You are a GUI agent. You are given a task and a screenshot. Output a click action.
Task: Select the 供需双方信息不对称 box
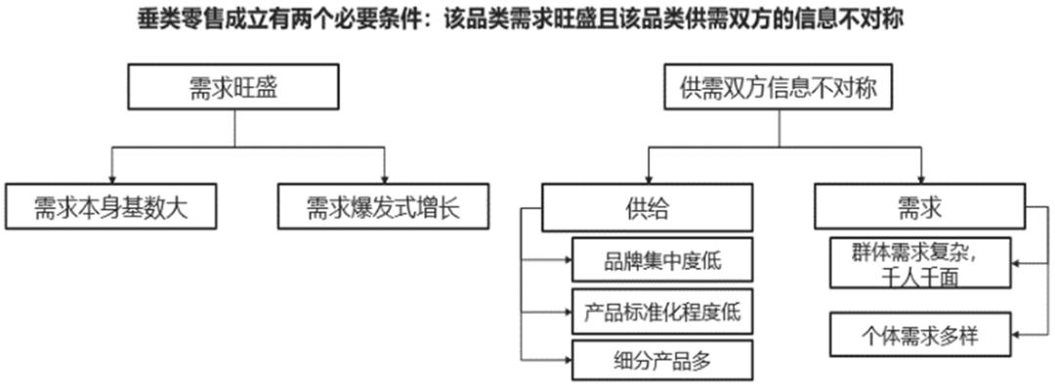click(x=779, y=89)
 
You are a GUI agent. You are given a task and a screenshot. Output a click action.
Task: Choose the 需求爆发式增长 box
click(x=382, y=206)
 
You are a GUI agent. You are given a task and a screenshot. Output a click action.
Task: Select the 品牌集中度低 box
click(x=662, y=261)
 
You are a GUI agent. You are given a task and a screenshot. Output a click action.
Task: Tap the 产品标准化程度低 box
click(x=662, y=313)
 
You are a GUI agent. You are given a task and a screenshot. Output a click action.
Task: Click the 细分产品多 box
click(x=662, y=361)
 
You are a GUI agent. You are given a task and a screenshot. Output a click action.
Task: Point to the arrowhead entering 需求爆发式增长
click(x=385, y=179)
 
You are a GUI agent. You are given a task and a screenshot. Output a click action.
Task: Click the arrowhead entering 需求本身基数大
click(x=112, y=179)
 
